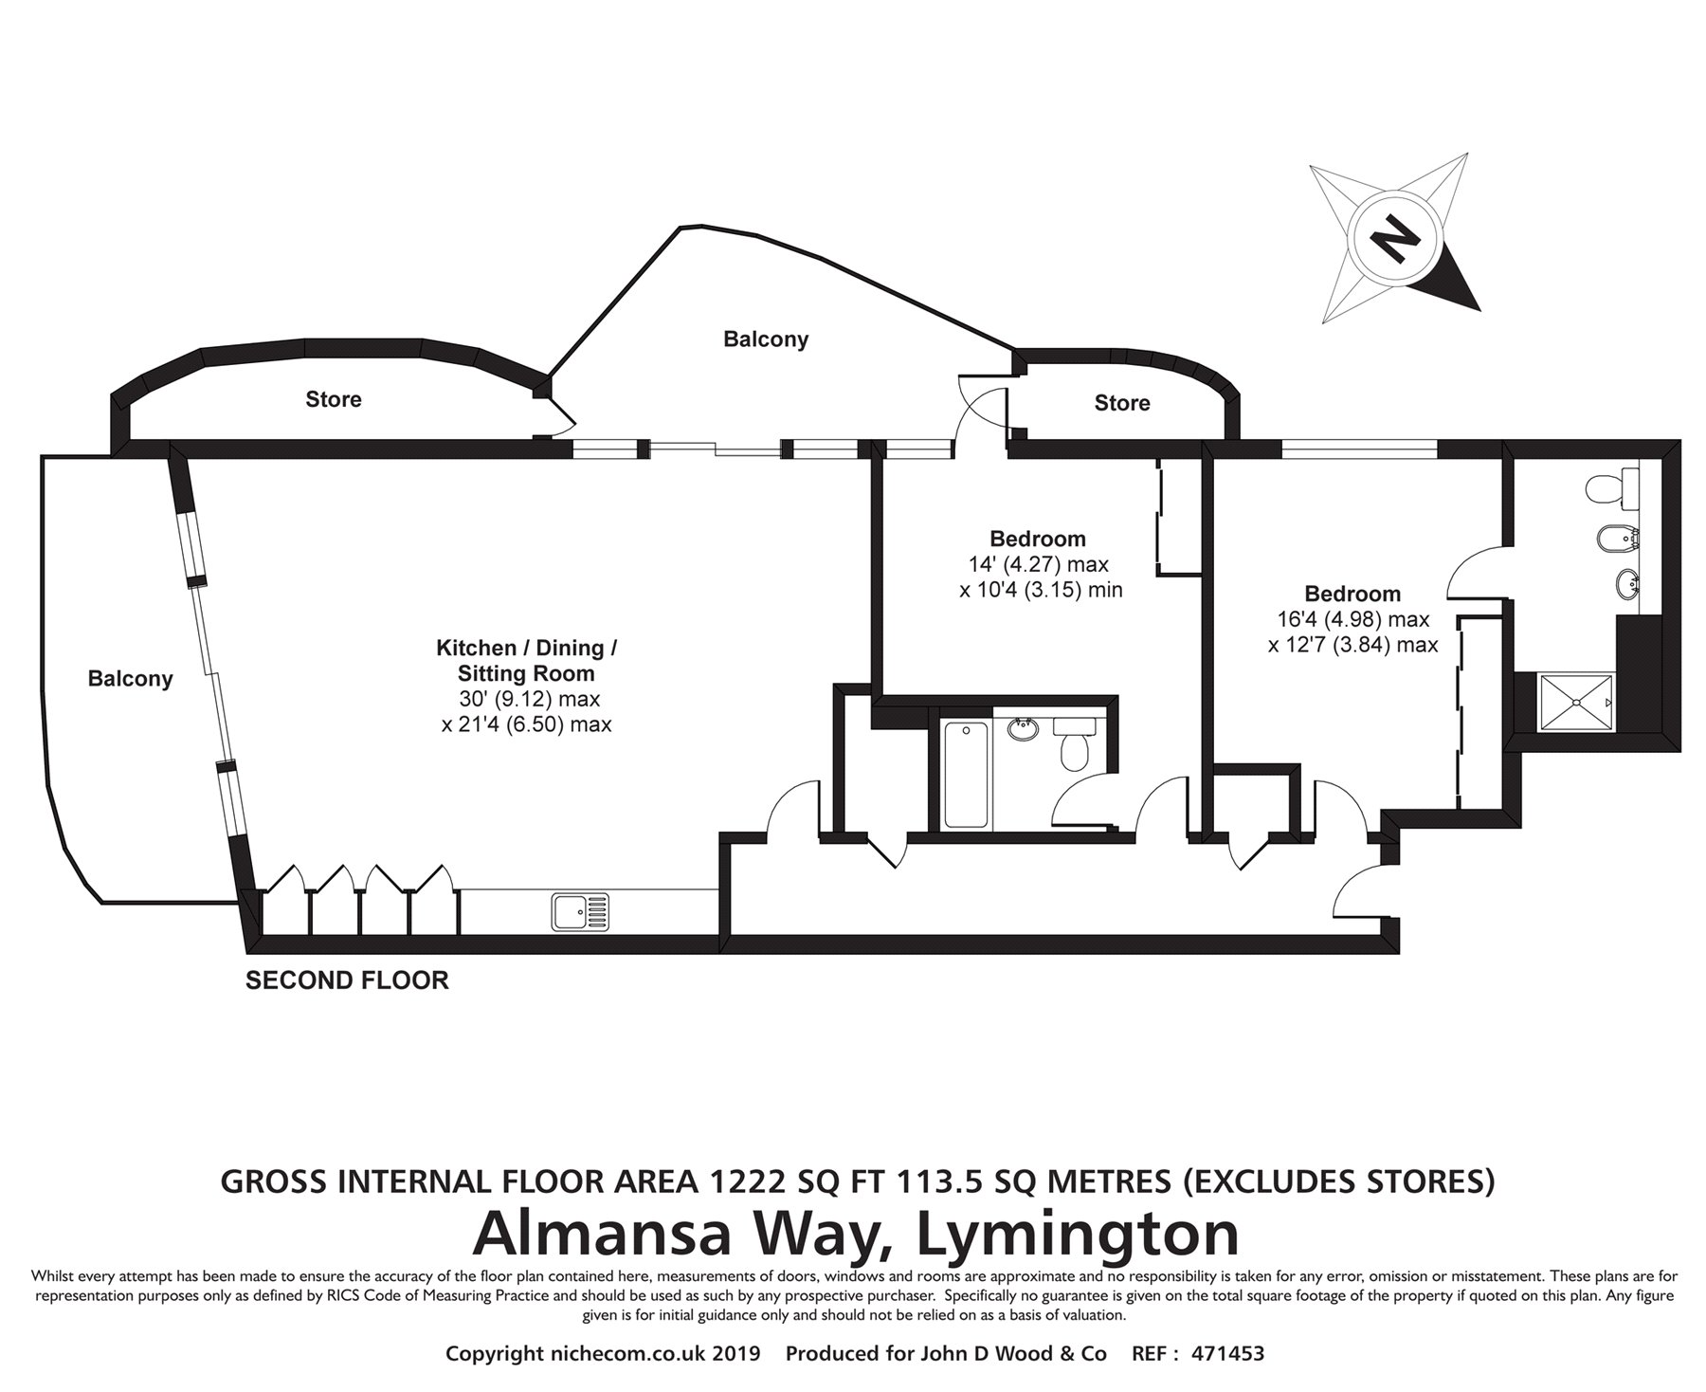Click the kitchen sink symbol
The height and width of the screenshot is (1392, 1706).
coord(581,911)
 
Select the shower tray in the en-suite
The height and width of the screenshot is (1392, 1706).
coord(1576,703)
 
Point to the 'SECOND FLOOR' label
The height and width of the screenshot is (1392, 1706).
coord(347,980)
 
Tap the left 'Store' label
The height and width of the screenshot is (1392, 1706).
coord(333,399)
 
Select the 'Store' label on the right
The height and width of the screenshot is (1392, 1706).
coord(1122,403)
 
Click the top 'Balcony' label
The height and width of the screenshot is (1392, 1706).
coord(765,339)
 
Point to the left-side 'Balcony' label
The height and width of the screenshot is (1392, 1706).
coord(131,679)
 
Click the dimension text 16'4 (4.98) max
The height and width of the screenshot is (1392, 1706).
coord(1352,619)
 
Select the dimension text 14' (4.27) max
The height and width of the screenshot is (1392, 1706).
coord(1038,564)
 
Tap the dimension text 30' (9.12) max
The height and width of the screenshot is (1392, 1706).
coord(528,699)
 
